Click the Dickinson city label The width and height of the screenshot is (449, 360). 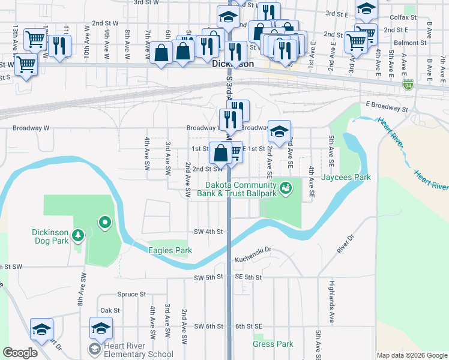coord(233,64)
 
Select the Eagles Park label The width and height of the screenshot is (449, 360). coord(170,250)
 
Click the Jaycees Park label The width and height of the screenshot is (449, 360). coord(346,177)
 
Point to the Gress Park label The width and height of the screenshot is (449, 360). coord(273,344)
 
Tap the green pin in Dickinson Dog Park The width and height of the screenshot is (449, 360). coord(105,224)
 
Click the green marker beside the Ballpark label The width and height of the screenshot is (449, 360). coord(286,188)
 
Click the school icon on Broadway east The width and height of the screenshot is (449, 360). coord(279,131)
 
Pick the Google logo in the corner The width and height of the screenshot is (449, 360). coord(20,353)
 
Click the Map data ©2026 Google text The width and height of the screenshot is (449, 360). coord(412,355)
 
